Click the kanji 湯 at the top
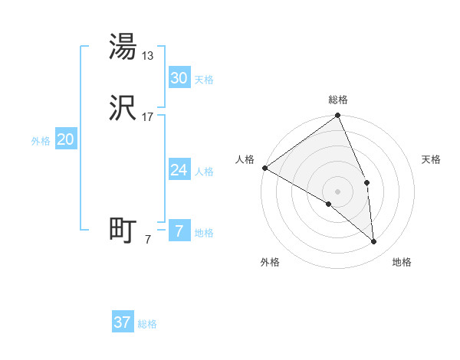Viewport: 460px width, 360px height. (x=123, y=47)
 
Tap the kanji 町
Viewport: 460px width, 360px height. (x=123, y=231)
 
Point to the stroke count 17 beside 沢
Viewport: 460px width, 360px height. (x=149, y=117)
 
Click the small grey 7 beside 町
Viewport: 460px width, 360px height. (x=148, y=240)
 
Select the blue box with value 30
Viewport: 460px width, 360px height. (x=179, y=78)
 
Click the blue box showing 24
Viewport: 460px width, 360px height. (x=179, y=170)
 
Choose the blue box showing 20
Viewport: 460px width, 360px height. (x=65, y=139)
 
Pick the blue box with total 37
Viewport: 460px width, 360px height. (x=122, y=322)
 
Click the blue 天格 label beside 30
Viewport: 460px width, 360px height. (x=204, y=80)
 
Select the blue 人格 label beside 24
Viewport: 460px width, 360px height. (x=204, y=172)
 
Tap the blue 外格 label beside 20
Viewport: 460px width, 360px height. (x=41, y=141)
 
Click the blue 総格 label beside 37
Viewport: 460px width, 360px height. (x=147, y=324)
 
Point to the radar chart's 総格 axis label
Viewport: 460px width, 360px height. (x=338, y=100)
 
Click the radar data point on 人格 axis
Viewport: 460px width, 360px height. (x=264, y=168)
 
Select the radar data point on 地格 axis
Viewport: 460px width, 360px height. (x=374, y=241)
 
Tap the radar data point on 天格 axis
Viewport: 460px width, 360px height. (x=367, y=182)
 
